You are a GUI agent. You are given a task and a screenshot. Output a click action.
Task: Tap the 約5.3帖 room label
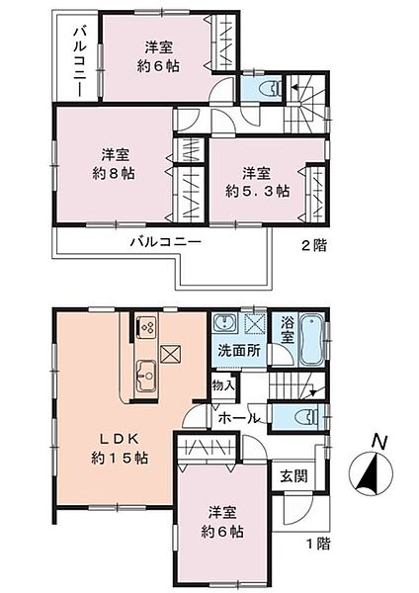(256, 189)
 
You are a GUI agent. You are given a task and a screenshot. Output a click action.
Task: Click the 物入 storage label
(223, 383)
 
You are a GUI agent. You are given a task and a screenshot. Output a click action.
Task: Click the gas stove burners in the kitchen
(147, 326)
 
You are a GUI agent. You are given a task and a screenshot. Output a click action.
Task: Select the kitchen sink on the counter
(146, 375)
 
